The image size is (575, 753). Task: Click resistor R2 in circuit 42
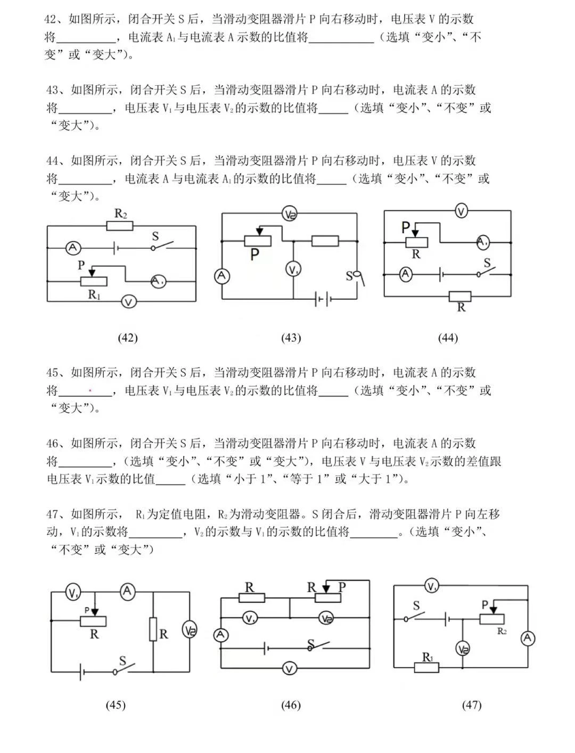[x=119, y=226]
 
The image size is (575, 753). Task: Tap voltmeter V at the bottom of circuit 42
[x=128, y=302]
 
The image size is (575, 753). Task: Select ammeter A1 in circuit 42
[x=158, y=281]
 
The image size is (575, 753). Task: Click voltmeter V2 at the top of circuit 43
[x=290, y=214]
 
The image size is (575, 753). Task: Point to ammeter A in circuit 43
[x=221, y=276]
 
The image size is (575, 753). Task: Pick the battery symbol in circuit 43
[x=322, y=299]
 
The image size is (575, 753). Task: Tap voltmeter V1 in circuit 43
[x=293, y=269]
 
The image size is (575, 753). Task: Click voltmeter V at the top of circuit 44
[x=461, y=211]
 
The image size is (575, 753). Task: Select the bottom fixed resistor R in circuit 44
[x=460, y=297]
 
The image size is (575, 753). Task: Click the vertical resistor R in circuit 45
[x=153, y=629]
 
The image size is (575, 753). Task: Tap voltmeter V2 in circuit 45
[x=190, y=630]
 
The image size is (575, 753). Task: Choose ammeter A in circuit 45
[x=127, y=591]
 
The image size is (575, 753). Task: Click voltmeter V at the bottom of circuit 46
[x=289, y=668]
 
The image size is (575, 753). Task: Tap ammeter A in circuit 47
[x=528, y=638]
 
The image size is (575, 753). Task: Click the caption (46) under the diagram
[x=291, y=705]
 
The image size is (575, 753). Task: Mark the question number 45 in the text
[x=52, y=372]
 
